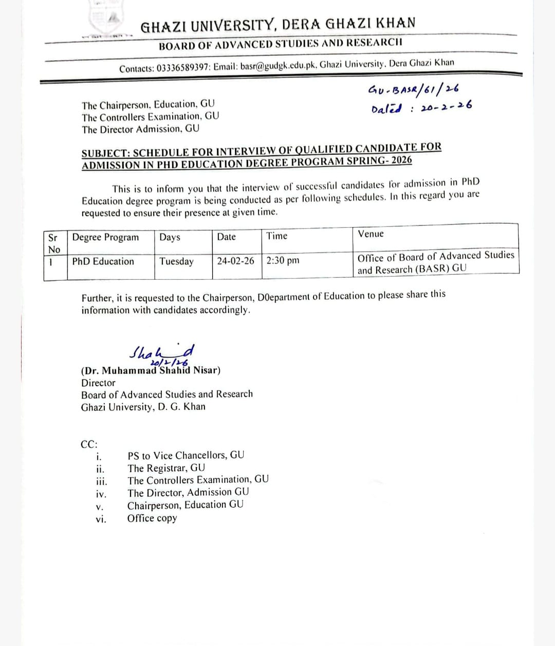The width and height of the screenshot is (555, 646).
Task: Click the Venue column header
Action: (x=371, y=234)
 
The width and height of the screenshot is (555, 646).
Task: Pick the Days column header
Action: (x=170, y=237)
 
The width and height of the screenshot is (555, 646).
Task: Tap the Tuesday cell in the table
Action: (x=176, y=261)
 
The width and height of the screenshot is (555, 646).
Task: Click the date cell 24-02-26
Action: (x=235, y=261)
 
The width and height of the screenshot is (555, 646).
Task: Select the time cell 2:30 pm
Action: (x=283, y=260)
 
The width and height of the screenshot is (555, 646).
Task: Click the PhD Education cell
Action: (x=103, y=261)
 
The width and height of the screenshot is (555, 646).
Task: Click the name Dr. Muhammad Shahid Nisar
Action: (x=151, y=370)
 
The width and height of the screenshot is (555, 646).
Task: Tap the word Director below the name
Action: (x=98, y=383)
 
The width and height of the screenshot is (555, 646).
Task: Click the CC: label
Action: (x=89, y=444)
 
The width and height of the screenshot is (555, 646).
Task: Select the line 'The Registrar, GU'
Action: (x=166, y=468)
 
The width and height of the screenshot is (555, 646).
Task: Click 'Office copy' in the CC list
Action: (x=152, y=518)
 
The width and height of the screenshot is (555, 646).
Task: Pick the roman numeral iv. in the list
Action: (x=101, y=494)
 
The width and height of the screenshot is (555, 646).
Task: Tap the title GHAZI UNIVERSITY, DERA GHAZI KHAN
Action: (x=278, y=24)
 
